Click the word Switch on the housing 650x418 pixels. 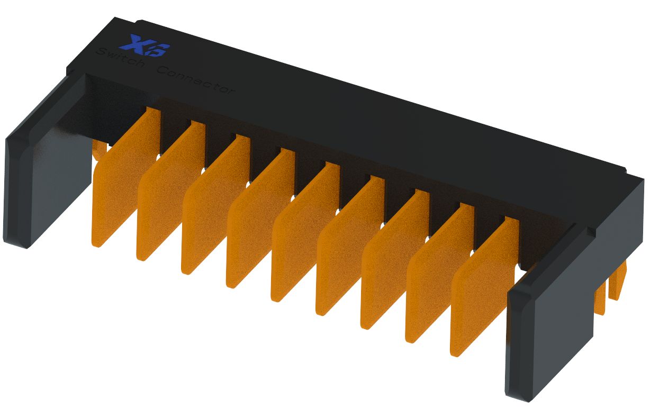point(120,59)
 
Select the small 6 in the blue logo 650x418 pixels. point(161,51)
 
